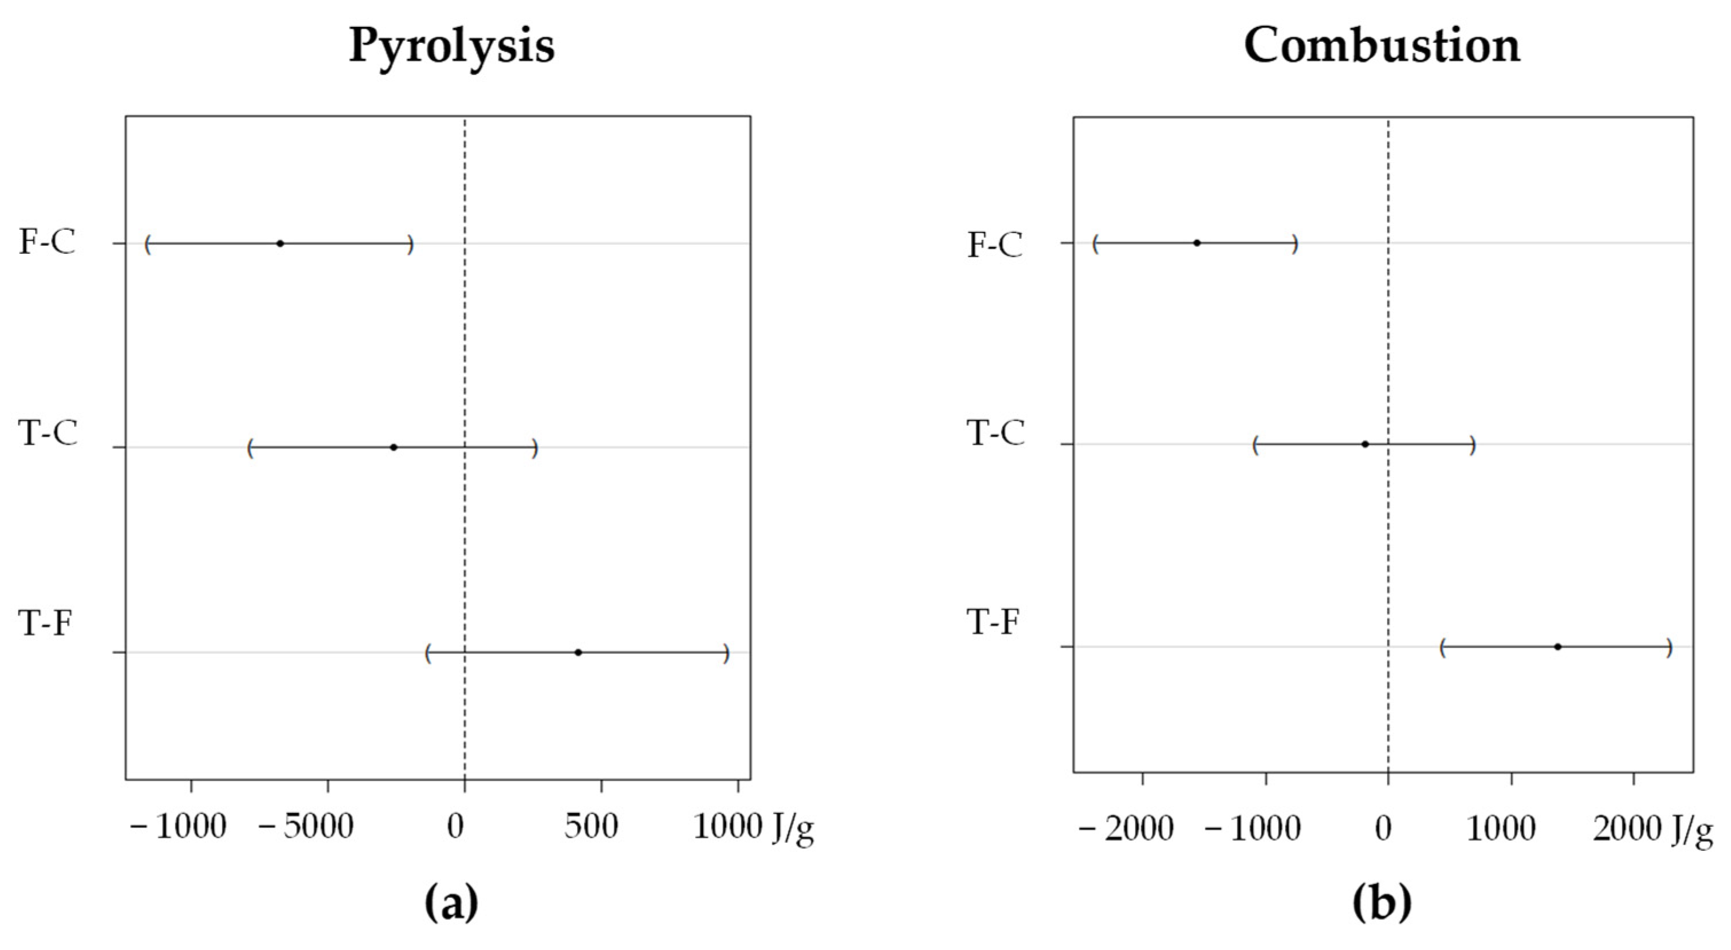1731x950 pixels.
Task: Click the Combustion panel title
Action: [x=1382, y=46]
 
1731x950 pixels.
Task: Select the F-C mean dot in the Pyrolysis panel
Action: [x=280, y=243]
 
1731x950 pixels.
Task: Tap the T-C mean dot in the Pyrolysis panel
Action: [x=394, y=447]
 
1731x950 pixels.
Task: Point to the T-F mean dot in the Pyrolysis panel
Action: [x=578, y=652]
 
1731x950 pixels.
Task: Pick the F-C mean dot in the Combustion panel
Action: [x=1197, y=243]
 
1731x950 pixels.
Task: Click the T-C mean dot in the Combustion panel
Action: [x=1365, y=444]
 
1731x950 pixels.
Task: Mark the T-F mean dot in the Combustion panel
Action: [x=1557, y=647]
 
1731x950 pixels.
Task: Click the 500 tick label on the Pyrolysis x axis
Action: [x=591, y=827]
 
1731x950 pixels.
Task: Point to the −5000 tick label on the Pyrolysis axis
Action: [x=307, y=827]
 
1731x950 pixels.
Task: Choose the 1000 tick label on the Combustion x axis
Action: [x=1501, y=829]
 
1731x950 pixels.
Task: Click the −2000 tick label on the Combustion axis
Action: [x=1127, y=829]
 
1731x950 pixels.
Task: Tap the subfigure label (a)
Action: [x=451, y=904]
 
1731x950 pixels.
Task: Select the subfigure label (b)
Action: [x=1382, y=904]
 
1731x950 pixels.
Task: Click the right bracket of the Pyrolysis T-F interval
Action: [x=726, y=653]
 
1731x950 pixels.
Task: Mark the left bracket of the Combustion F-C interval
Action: [x=1095, y=244]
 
